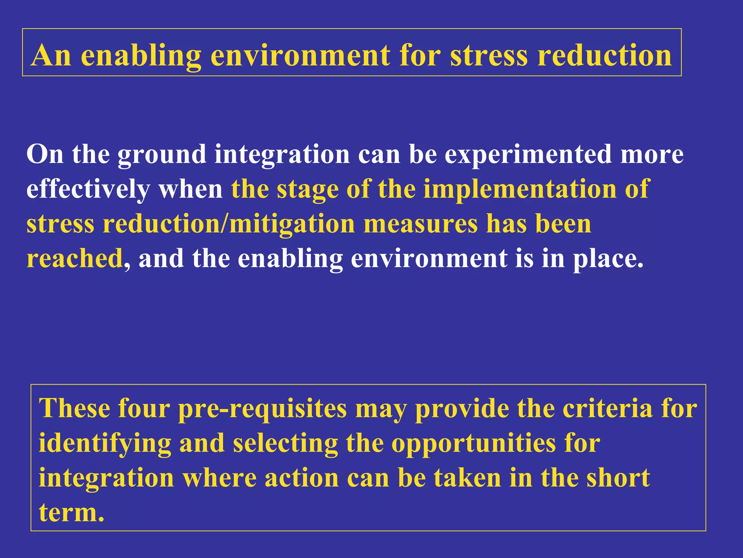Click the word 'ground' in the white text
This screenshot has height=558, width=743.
click(162, 154)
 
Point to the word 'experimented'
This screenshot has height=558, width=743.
click(528, 154)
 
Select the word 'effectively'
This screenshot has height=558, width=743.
click(88, 189)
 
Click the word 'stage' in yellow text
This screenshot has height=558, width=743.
click(307, 189)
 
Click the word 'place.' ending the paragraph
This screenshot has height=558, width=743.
click(608, 259)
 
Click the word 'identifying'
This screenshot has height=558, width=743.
click(105, 444)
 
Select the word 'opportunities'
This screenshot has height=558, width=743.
click(473, 444)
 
